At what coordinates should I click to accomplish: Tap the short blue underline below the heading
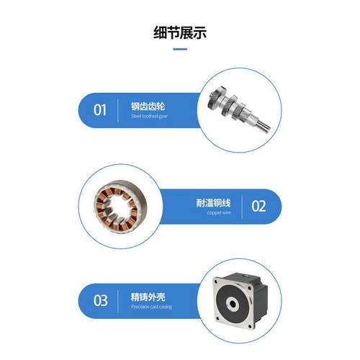coord(180,50)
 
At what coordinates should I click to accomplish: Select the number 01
coord(100,110)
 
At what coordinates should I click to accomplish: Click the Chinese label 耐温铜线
coord(216,202)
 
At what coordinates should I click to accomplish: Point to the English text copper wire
coord(218,213)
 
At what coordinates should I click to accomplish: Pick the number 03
coord(101,299)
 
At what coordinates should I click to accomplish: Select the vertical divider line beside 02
coord(242,206)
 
